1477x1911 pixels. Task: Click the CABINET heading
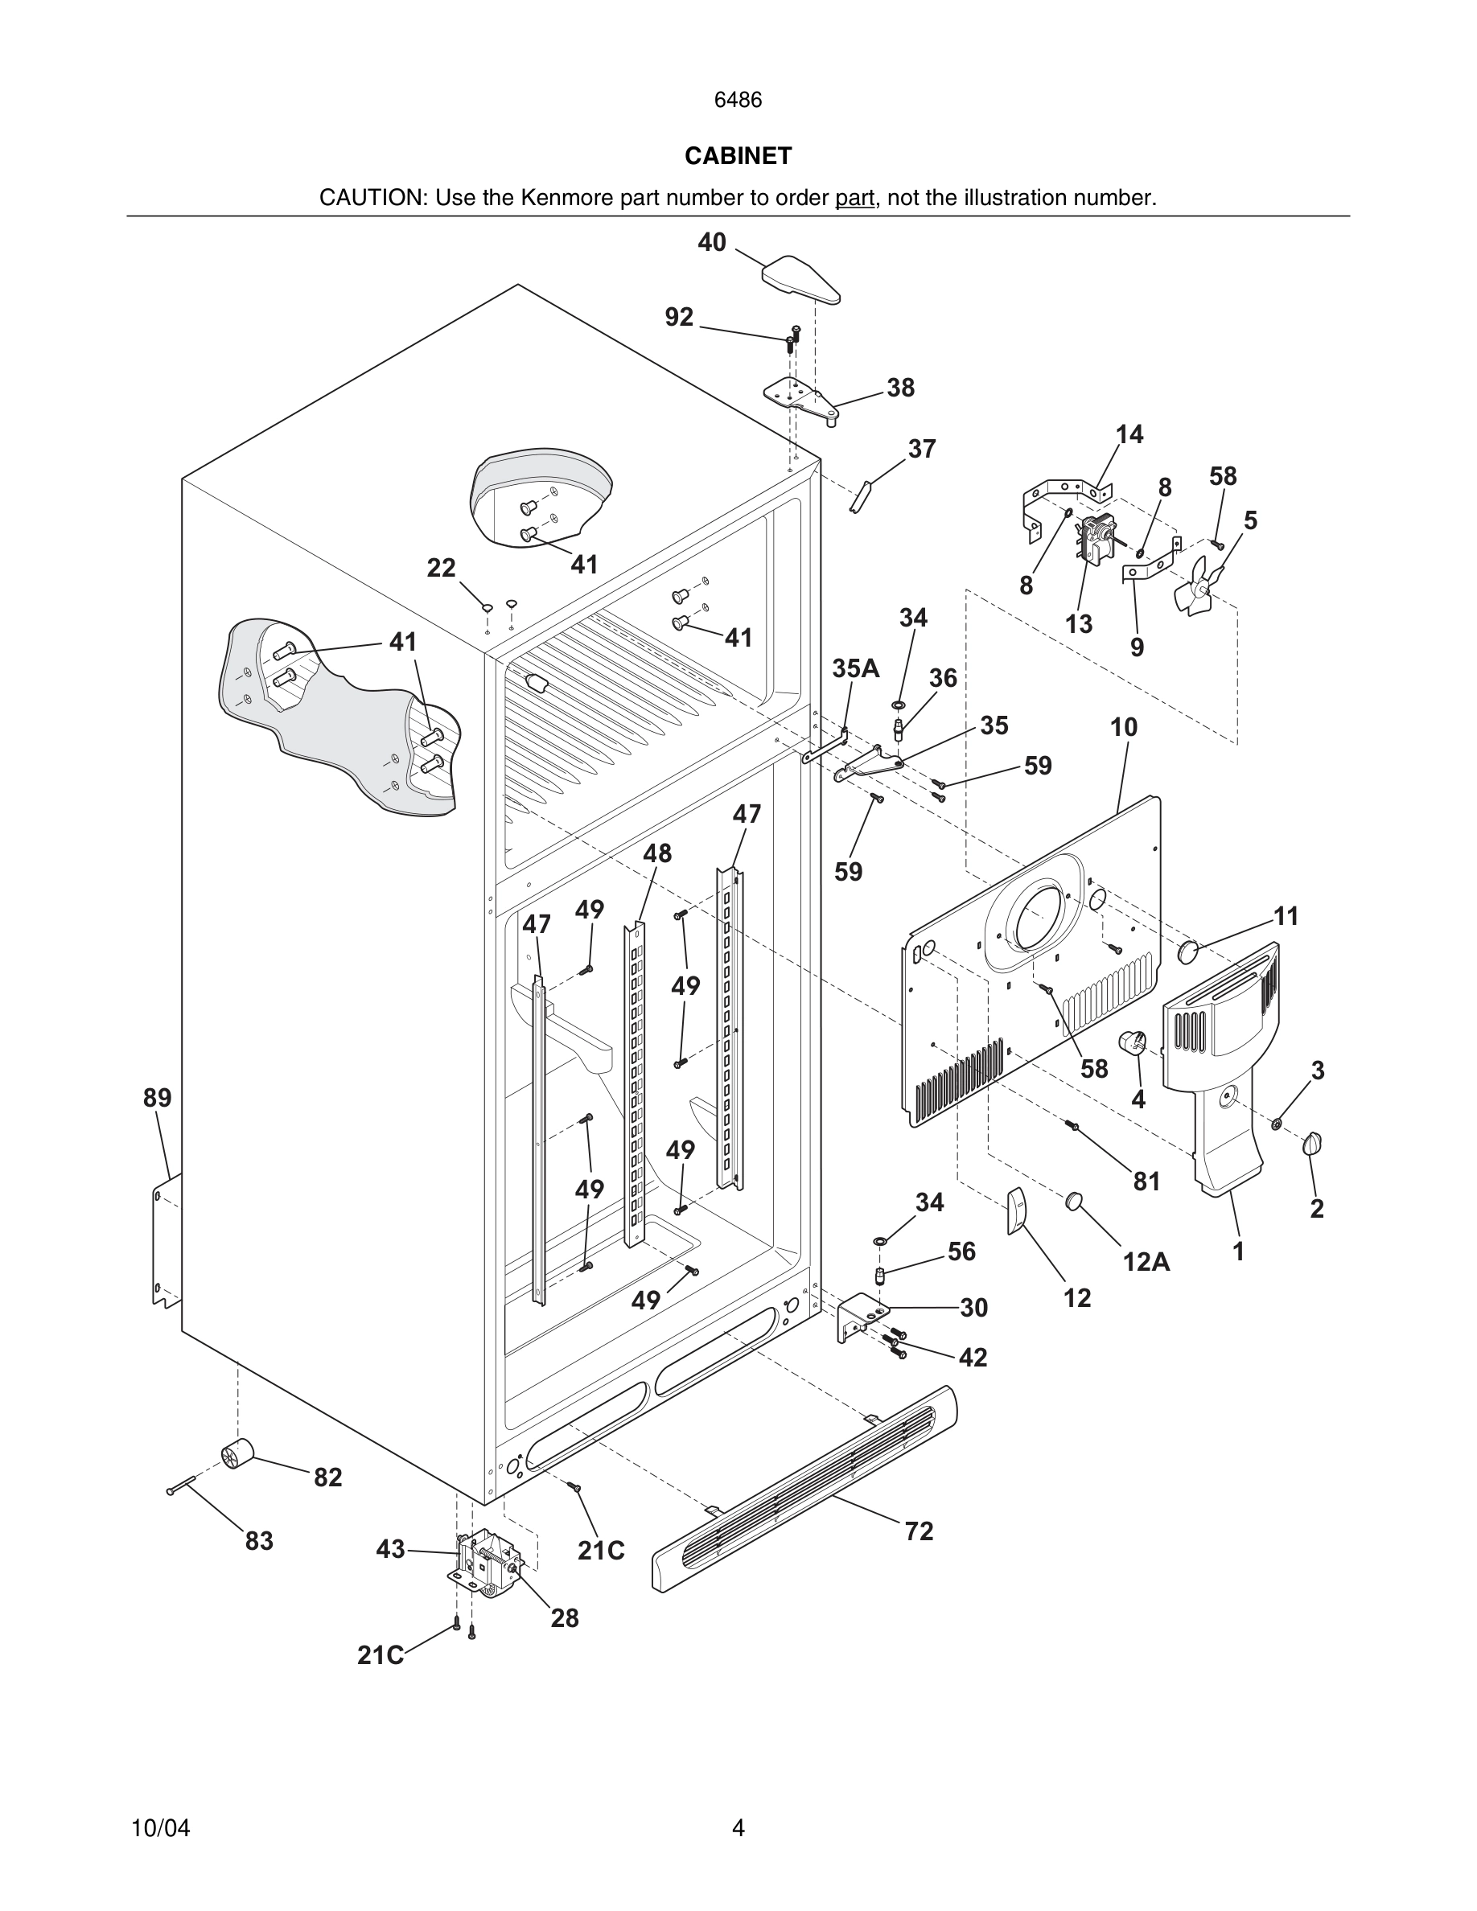coord(738,156)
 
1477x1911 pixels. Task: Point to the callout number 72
coord(919,1531)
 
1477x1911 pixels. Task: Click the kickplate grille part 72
coord(805,1487)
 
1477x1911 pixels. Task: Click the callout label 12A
coord(1146,1261)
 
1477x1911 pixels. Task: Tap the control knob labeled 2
coord(1313,1143)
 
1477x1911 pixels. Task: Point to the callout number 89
coord(158,1097)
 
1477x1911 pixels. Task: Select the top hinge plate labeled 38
coord(800,398)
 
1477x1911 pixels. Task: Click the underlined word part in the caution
coord(854,198)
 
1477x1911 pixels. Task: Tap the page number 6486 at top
coord(738,100)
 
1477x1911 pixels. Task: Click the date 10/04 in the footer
coord(160,1828)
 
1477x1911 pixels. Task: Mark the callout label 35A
coord(855,668)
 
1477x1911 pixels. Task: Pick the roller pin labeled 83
coord(182,1484)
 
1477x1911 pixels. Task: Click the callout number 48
coord(657,853)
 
